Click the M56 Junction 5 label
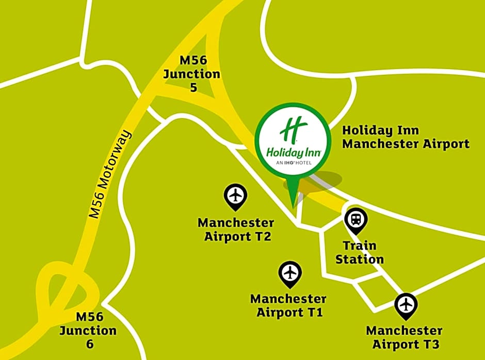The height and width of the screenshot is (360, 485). pyautogui.click(x=192, y=74)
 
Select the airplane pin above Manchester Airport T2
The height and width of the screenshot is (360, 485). pyautogui.click(x=235, y=197)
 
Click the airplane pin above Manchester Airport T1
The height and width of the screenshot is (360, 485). pyautogui.click(x=290, y=273)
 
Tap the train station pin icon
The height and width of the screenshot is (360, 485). pyautogui.click(x=355, y=220)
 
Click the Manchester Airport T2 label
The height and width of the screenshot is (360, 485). pyautogui.click(x=236, y=230)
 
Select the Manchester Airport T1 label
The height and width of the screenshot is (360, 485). pyautogui.click(x=288, y=305)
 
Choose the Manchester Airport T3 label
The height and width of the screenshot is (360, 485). pyautogui.click(x=404, y=337)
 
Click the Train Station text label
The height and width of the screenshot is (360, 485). pyautogui.click(x=360, y=252)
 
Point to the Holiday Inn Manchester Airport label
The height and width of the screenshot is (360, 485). pyautogui.click(x=406, y=137)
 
